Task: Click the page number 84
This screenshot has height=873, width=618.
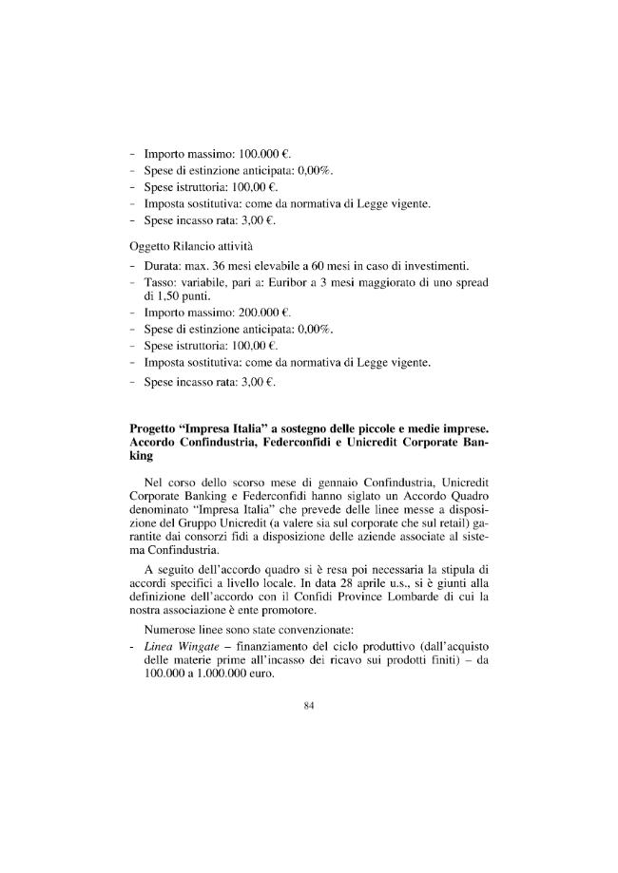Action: click(308, 704)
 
